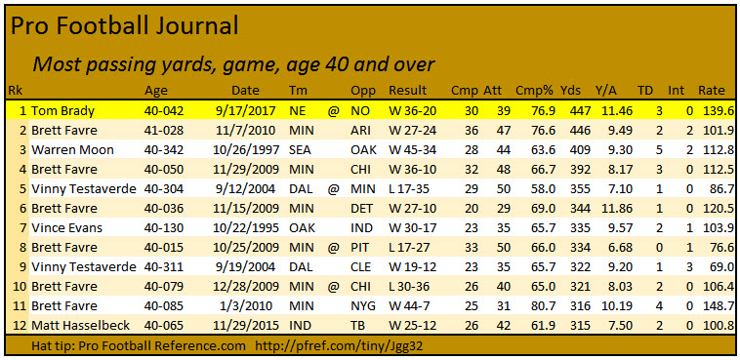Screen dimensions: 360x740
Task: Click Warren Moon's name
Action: (x=74, y=149)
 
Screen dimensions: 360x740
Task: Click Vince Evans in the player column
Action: (x=71, y=226)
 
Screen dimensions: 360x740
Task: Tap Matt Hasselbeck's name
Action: (x=86, y=323)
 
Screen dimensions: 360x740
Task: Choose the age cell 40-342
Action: (x=164, y=149)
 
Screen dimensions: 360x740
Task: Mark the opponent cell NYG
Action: (x=364, y=303)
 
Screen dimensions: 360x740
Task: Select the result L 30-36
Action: (x=411, y=285)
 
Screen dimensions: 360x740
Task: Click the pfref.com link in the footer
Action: (x=333, y=346)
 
